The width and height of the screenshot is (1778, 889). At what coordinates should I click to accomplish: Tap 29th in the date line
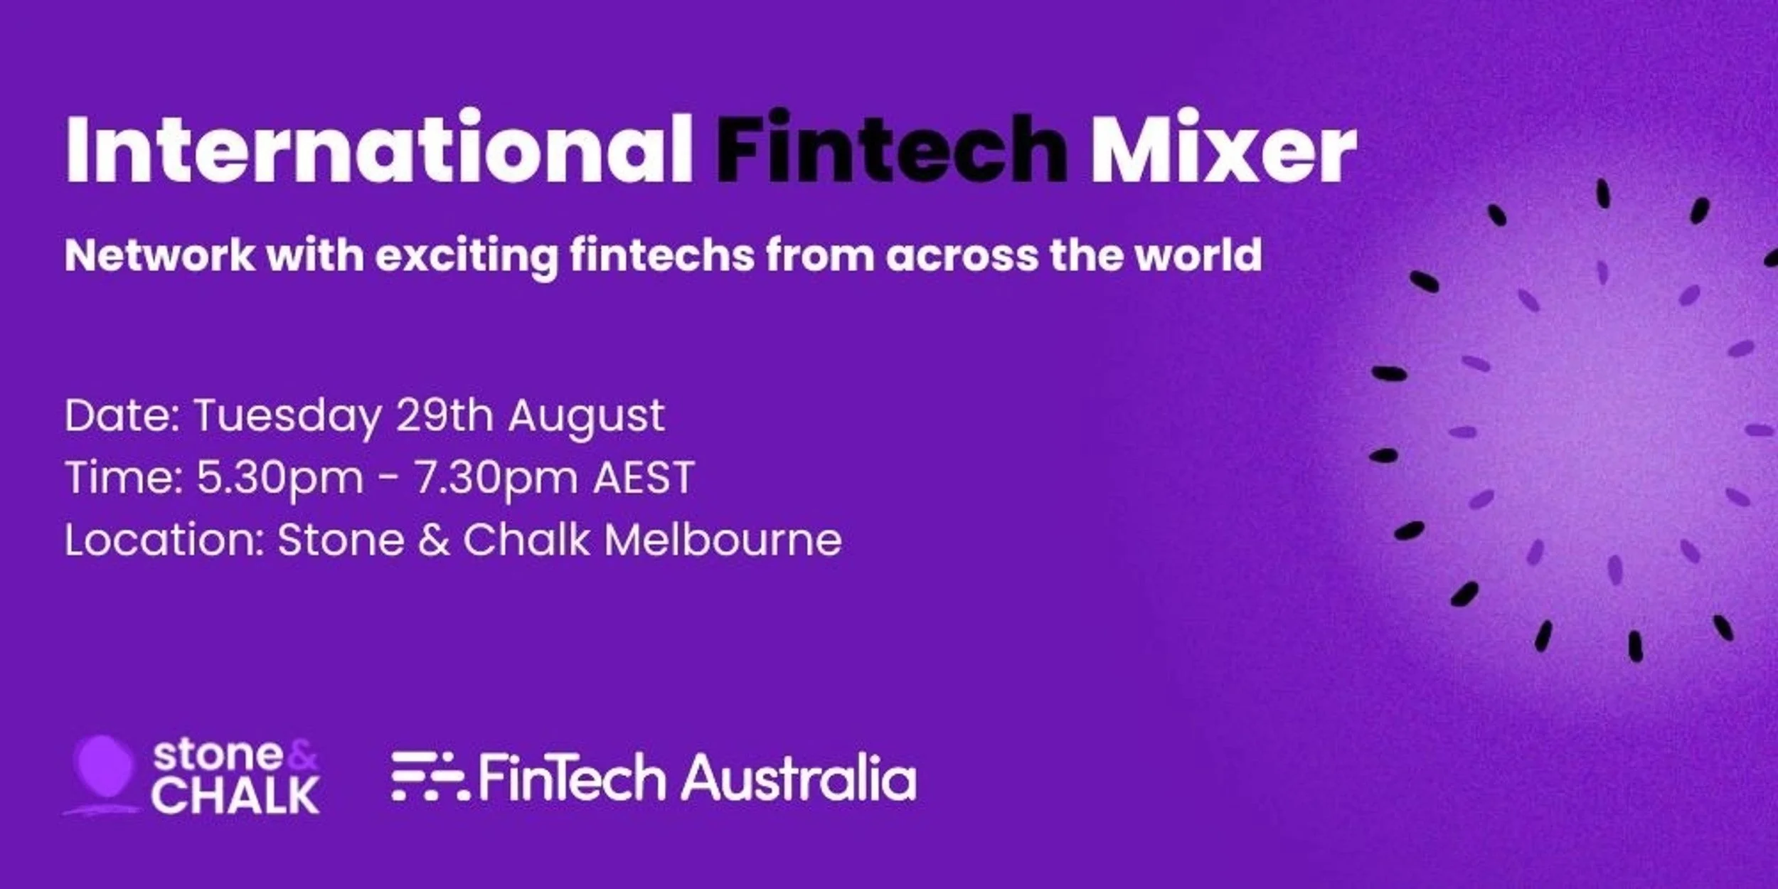click(x=445, y=415)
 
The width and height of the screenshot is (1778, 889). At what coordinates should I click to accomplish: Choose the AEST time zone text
click(x=644, y=477)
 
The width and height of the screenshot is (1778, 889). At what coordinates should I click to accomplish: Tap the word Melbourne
click(x=723, y=540)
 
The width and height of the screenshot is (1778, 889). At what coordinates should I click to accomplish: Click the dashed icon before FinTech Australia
click(x=429, y=777)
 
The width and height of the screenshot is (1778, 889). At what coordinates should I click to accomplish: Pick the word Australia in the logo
click(x=798, y=777)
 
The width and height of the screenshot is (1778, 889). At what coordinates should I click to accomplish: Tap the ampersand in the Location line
click(x=434, y=540)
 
